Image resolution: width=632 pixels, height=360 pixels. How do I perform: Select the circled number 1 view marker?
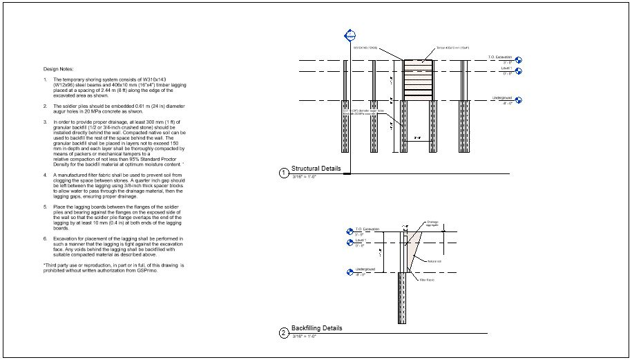click(x=283, y=173)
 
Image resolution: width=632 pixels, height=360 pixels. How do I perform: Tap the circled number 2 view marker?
click(x=283, y=333)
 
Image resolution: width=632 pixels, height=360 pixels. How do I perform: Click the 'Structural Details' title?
click(x=316, y=169)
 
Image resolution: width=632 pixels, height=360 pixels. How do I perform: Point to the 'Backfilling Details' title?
click(x=316, y=328)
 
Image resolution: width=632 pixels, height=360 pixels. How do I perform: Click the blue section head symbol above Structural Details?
click(x=349, y=36)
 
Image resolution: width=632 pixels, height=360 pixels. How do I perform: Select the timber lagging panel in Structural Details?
click(x=417, y=80)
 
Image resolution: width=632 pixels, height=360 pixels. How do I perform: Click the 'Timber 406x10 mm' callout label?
click(x=452, y=48)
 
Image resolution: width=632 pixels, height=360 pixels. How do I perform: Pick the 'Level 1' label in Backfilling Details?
click(x=360, y=240)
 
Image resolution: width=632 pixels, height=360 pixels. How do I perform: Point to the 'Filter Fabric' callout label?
click(x=426, y=279)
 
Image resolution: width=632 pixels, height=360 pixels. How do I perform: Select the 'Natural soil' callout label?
click(x=434, y=261)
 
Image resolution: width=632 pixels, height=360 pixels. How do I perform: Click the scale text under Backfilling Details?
click(x=304, y=337)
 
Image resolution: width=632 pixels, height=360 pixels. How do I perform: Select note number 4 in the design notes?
click(x=46, y=176)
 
